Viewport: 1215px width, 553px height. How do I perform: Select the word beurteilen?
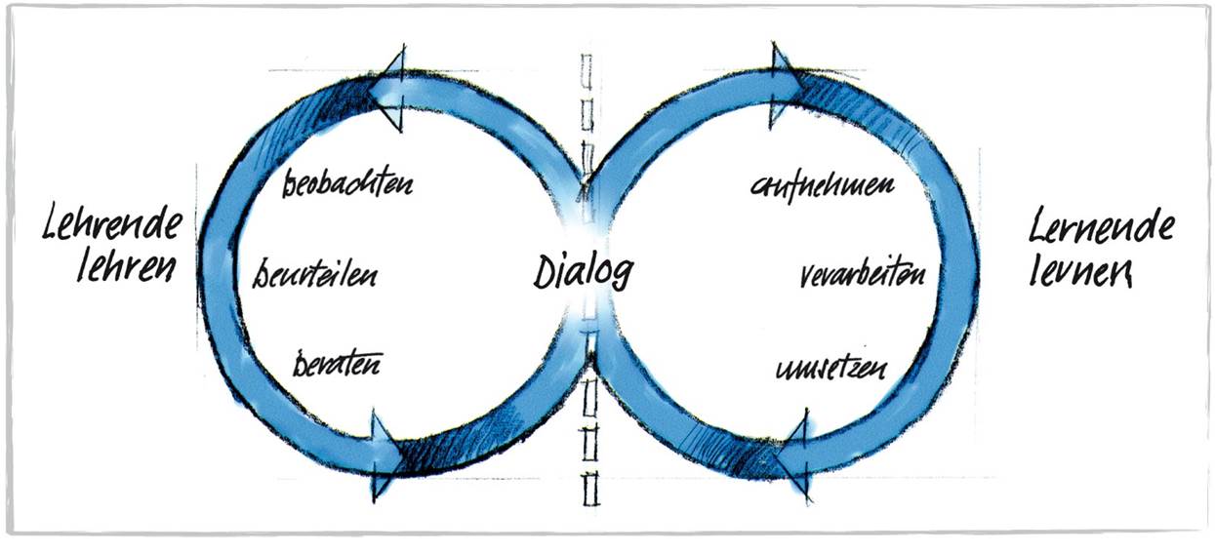[315, 273]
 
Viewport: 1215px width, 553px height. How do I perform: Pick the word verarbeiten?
[861, 274]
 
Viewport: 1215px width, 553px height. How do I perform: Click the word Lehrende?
[112, 226]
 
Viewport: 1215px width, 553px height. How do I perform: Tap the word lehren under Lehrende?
[122, 265]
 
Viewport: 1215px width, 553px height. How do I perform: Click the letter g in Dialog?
[619, 274]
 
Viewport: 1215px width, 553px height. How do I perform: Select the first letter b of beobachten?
[289, 185]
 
